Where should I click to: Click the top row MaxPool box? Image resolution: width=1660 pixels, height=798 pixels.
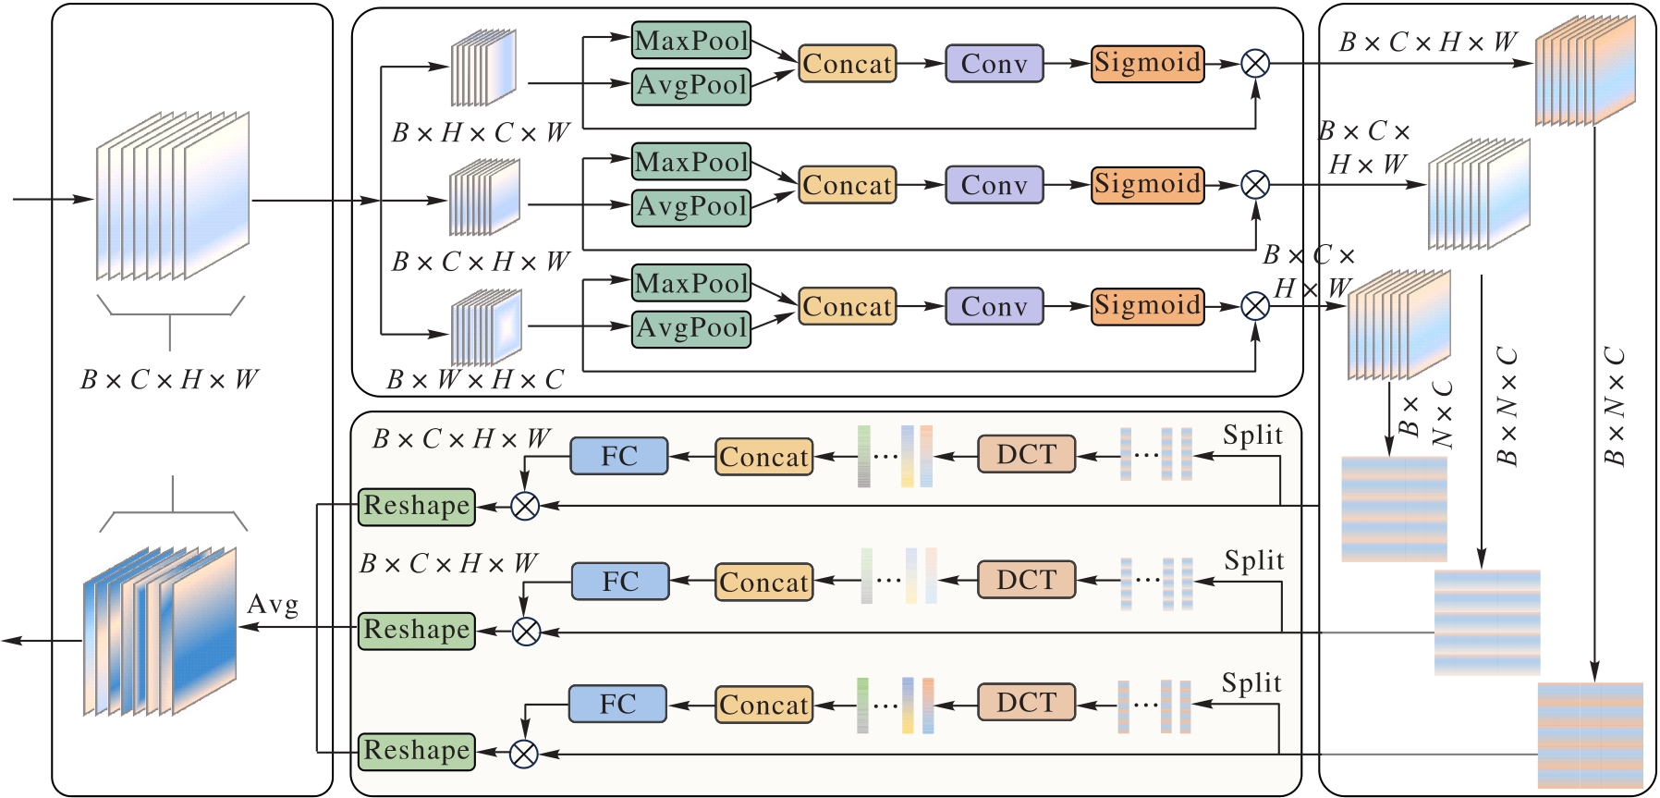690,41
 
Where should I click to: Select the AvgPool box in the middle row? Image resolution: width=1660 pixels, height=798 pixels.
690,206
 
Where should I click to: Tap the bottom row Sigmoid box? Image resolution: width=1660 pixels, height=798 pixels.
1147,306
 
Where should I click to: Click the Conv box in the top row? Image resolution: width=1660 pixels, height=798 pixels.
994,64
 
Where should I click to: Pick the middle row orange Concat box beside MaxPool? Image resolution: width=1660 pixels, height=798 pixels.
847,185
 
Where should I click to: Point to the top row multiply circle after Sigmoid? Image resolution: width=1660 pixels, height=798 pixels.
1254,64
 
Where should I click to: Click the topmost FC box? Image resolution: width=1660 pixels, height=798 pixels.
618,456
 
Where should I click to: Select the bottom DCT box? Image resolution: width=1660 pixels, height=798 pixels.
1026,703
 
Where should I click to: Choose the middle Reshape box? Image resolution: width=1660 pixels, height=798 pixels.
416,631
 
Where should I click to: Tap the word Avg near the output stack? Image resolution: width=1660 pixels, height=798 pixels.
273,605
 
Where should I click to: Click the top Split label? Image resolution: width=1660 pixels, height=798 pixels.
1252,435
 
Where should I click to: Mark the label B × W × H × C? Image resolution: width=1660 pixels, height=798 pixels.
475,380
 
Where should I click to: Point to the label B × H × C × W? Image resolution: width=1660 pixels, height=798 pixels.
480,133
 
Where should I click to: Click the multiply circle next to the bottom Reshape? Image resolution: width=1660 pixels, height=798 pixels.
524,754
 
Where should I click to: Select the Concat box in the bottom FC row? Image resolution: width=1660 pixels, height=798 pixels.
763,705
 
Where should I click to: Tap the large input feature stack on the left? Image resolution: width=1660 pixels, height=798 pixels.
173,196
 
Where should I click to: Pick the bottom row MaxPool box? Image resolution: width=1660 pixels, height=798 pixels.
690,283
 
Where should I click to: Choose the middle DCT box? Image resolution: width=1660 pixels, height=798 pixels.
1026,580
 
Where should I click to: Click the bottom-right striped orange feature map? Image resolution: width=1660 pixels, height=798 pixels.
1590,734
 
